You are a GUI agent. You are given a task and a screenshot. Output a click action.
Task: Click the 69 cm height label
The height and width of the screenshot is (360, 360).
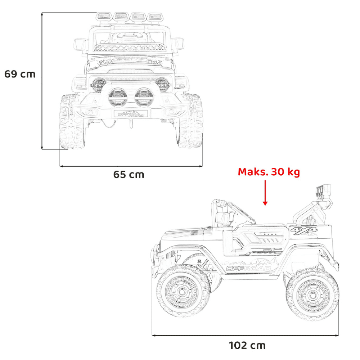pos(20,74)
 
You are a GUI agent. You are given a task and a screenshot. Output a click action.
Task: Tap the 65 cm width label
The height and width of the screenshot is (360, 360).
pos(129,175)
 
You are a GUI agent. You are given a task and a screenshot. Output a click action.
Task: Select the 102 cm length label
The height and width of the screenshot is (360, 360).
pos(247,345)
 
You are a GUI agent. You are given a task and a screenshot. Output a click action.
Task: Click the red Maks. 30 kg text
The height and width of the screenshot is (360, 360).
pos(269,172)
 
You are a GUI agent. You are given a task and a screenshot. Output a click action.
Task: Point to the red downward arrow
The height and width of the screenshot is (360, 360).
pos(265,193)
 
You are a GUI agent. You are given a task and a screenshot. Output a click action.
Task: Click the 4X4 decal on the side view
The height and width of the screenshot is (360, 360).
pos(304,230)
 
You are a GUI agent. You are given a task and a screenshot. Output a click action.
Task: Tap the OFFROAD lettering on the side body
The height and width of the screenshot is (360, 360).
pos(248,268)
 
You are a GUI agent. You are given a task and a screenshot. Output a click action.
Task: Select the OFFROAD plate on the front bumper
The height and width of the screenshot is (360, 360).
pos(131,114)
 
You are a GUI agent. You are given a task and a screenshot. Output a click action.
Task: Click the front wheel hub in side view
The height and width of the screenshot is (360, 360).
pos(182,292)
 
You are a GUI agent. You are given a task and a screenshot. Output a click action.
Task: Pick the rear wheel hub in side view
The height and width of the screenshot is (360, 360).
pos(313,295)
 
